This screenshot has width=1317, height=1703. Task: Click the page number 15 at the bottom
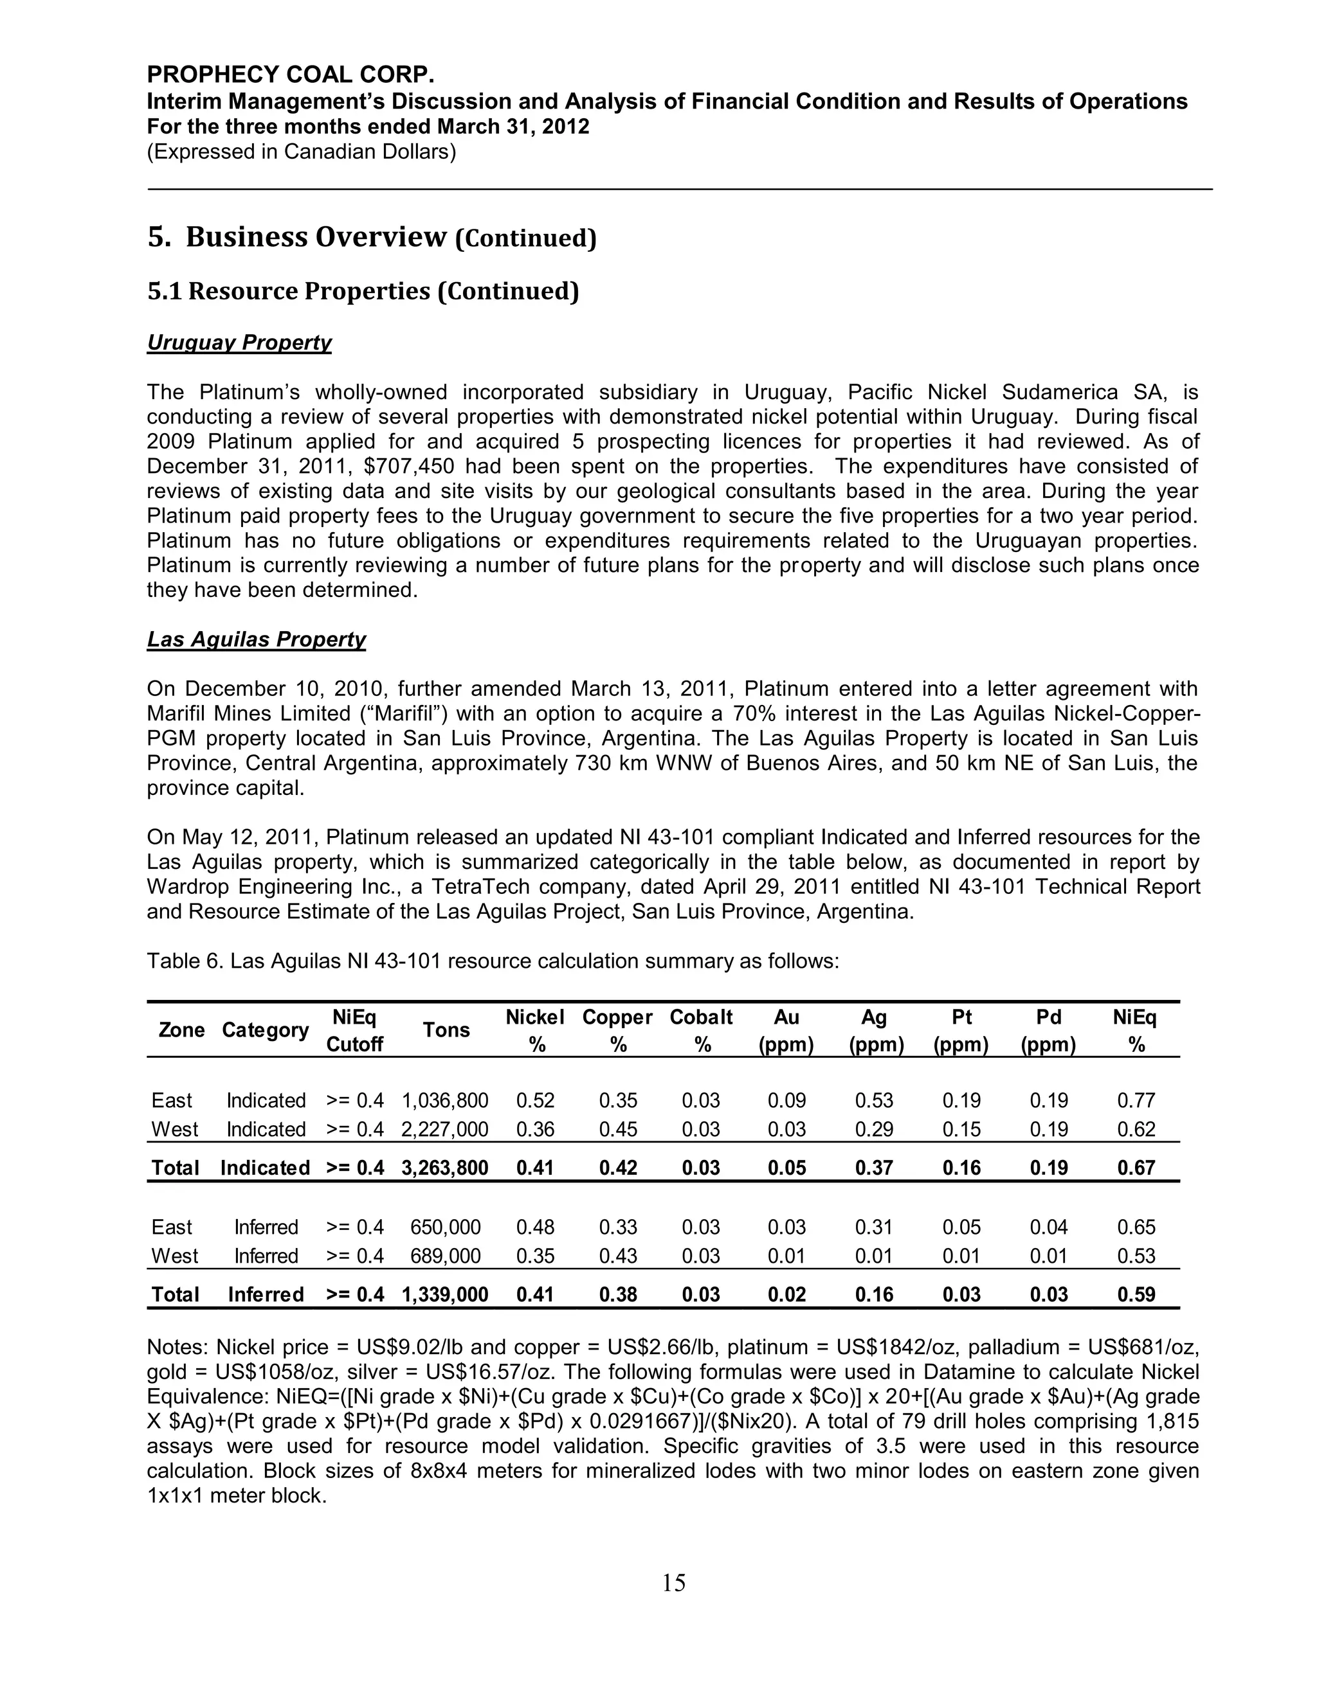click(x=673, y=1582)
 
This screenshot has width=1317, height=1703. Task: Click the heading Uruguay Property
click(x=239, y=343)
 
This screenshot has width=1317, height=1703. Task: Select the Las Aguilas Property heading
click(x=256, y=639)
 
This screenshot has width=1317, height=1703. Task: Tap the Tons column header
click(x=446, y=1030)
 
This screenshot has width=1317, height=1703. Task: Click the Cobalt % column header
click(x=701, y=1030)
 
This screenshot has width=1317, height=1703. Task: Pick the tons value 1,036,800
click(x=445, y=1100)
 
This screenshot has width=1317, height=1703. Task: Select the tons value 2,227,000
click(x=445, y=1129)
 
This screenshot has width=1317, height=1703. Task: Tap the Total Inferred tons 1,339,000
click(x=445, y=1294)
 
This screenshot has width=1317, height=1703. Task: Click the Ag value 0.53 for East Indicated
click(x=874, y=1100)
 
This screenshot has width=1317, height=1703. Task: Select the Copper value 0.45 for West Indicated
click(x=618, y=1129)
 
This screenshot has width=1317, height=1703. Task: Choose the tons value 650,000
click(x=445, y=1227)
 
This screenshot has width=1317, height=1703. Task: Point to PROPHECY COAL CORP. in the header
click(x=290, y=75)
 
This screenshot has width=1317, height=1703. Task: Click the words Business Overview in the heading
click(x=316, y=237)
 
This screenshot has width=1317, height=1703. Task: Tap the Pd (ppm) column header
click(x=1048, y=1030)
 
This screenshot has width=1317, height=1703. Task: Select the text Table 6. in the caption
click(x=185, y=961)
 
